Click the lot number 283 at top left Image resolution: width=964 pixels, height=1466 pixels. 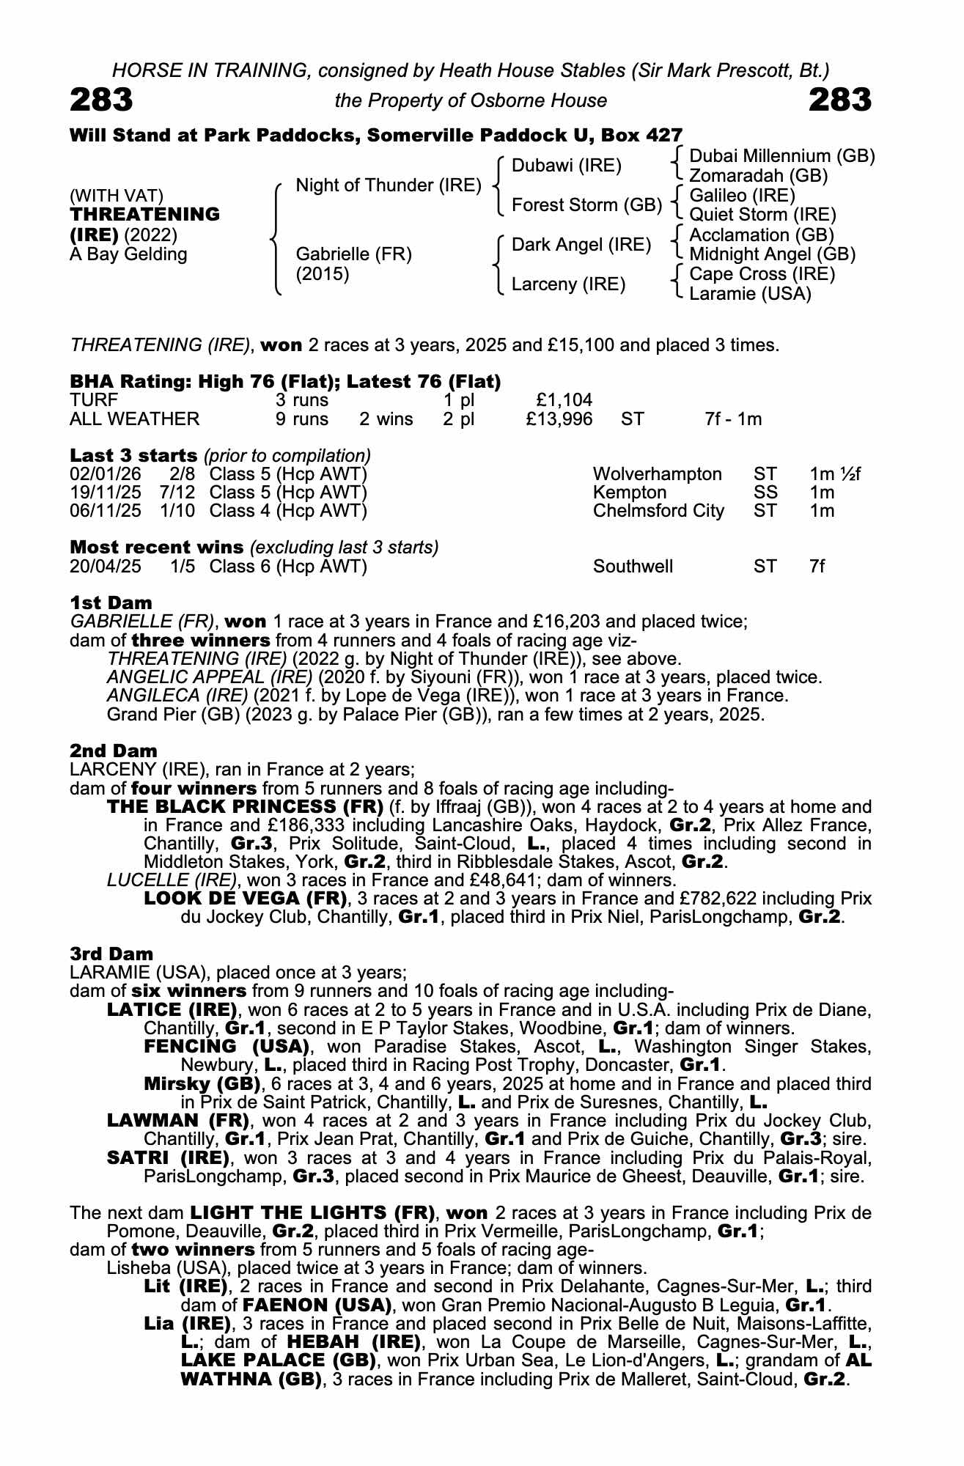101,100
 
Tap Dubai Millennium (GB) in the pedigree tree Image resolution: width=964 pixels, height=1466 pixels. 782,156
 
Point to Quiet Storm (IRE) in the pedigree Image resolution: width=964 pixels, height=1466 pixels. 762,215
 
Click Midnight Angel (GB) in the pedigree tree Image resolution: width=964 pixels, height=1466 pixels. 773,254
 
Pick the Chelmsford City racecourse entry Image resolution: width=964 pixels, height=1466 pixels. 658,511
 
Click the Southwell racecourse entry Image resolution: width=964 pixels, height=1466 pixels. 633,567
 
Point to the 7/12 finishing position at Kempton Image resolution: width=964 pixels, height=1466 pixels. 177,493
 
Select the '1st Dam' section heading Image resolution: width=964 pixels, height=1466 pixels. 111,603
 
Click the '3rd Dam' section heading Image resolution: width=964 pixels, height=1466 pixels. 111,954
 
